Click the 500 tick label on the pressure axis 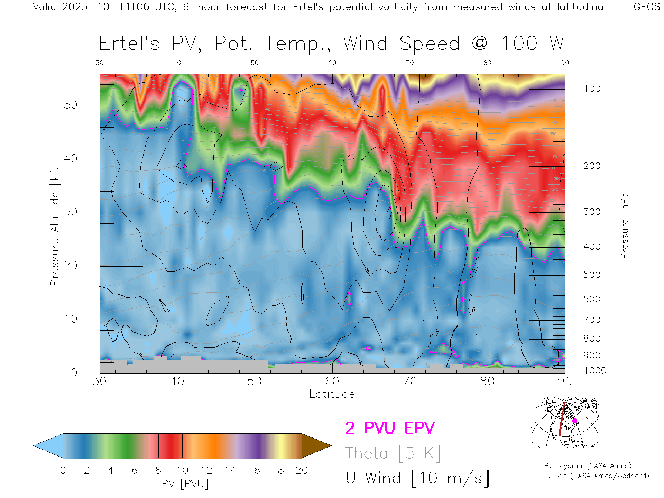point(592,275)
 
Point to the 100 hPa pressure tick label point(592,89)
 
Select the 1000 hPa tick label point(595,371)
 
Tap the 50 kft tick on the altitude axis point(70,105)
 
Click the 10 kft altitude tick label point(70,319)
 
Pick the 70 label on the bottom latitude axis point(409,381)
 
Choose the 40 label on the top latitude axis point(177,63)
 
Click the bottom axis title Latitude point(332,394)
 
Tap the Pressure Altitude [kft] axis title point(55,224)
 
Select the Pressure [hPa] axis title point(624,224)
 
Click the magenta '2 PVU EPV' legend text point(390,428)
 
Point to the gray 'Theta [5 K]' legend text point(393,453)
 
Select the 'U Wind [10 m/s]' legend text point(417,478)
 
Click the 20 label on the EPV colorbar point(302,470)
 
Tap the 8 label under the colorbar point(158,470)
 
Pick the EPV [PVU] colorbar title point(182,484)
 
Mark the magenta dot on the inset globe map point(575,421)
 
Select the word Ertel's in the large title point(129,44)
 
